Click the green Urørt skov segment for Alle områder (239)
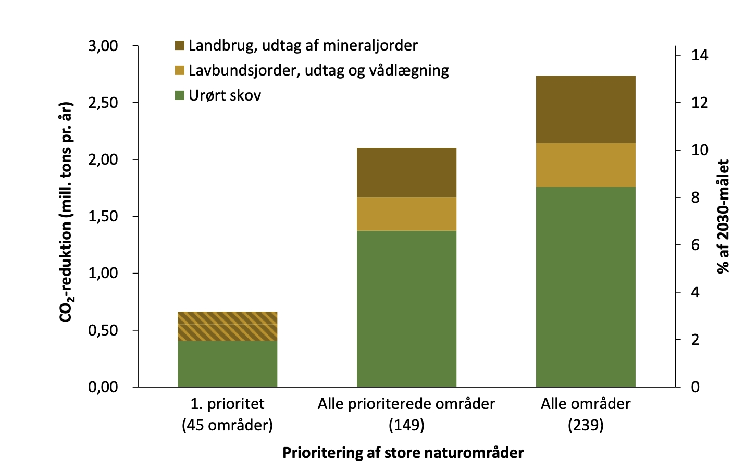tap(586, 287)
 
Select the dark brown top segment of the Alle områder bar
tap(586, 109)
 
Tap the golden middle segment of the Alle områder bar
tap(586, 165)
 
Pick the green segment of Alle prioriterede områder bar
tap(406, 308)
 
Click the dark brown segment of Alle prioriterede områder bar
tap(406, 172)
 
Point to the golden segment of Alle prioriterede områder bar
tap(406, 214)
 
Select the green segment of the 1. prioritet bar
tap(227, 364)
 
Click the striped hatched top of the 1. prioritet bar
tap(227, 326)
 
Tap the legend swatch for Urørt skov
tap(180, 95)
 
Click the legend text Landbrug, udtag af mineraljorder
tap(303, 45)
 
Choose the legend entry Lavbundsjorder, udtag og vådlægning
tap(318, 70)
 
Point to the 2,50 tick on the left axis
tap(103, 103)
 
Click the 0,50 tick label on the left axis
tap(103, 330)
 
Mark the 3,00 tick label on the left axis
tap(103, 46)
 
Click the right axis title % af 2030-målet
tap(723, 216)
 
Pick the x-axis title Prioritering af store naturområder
tap(403, 452)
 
